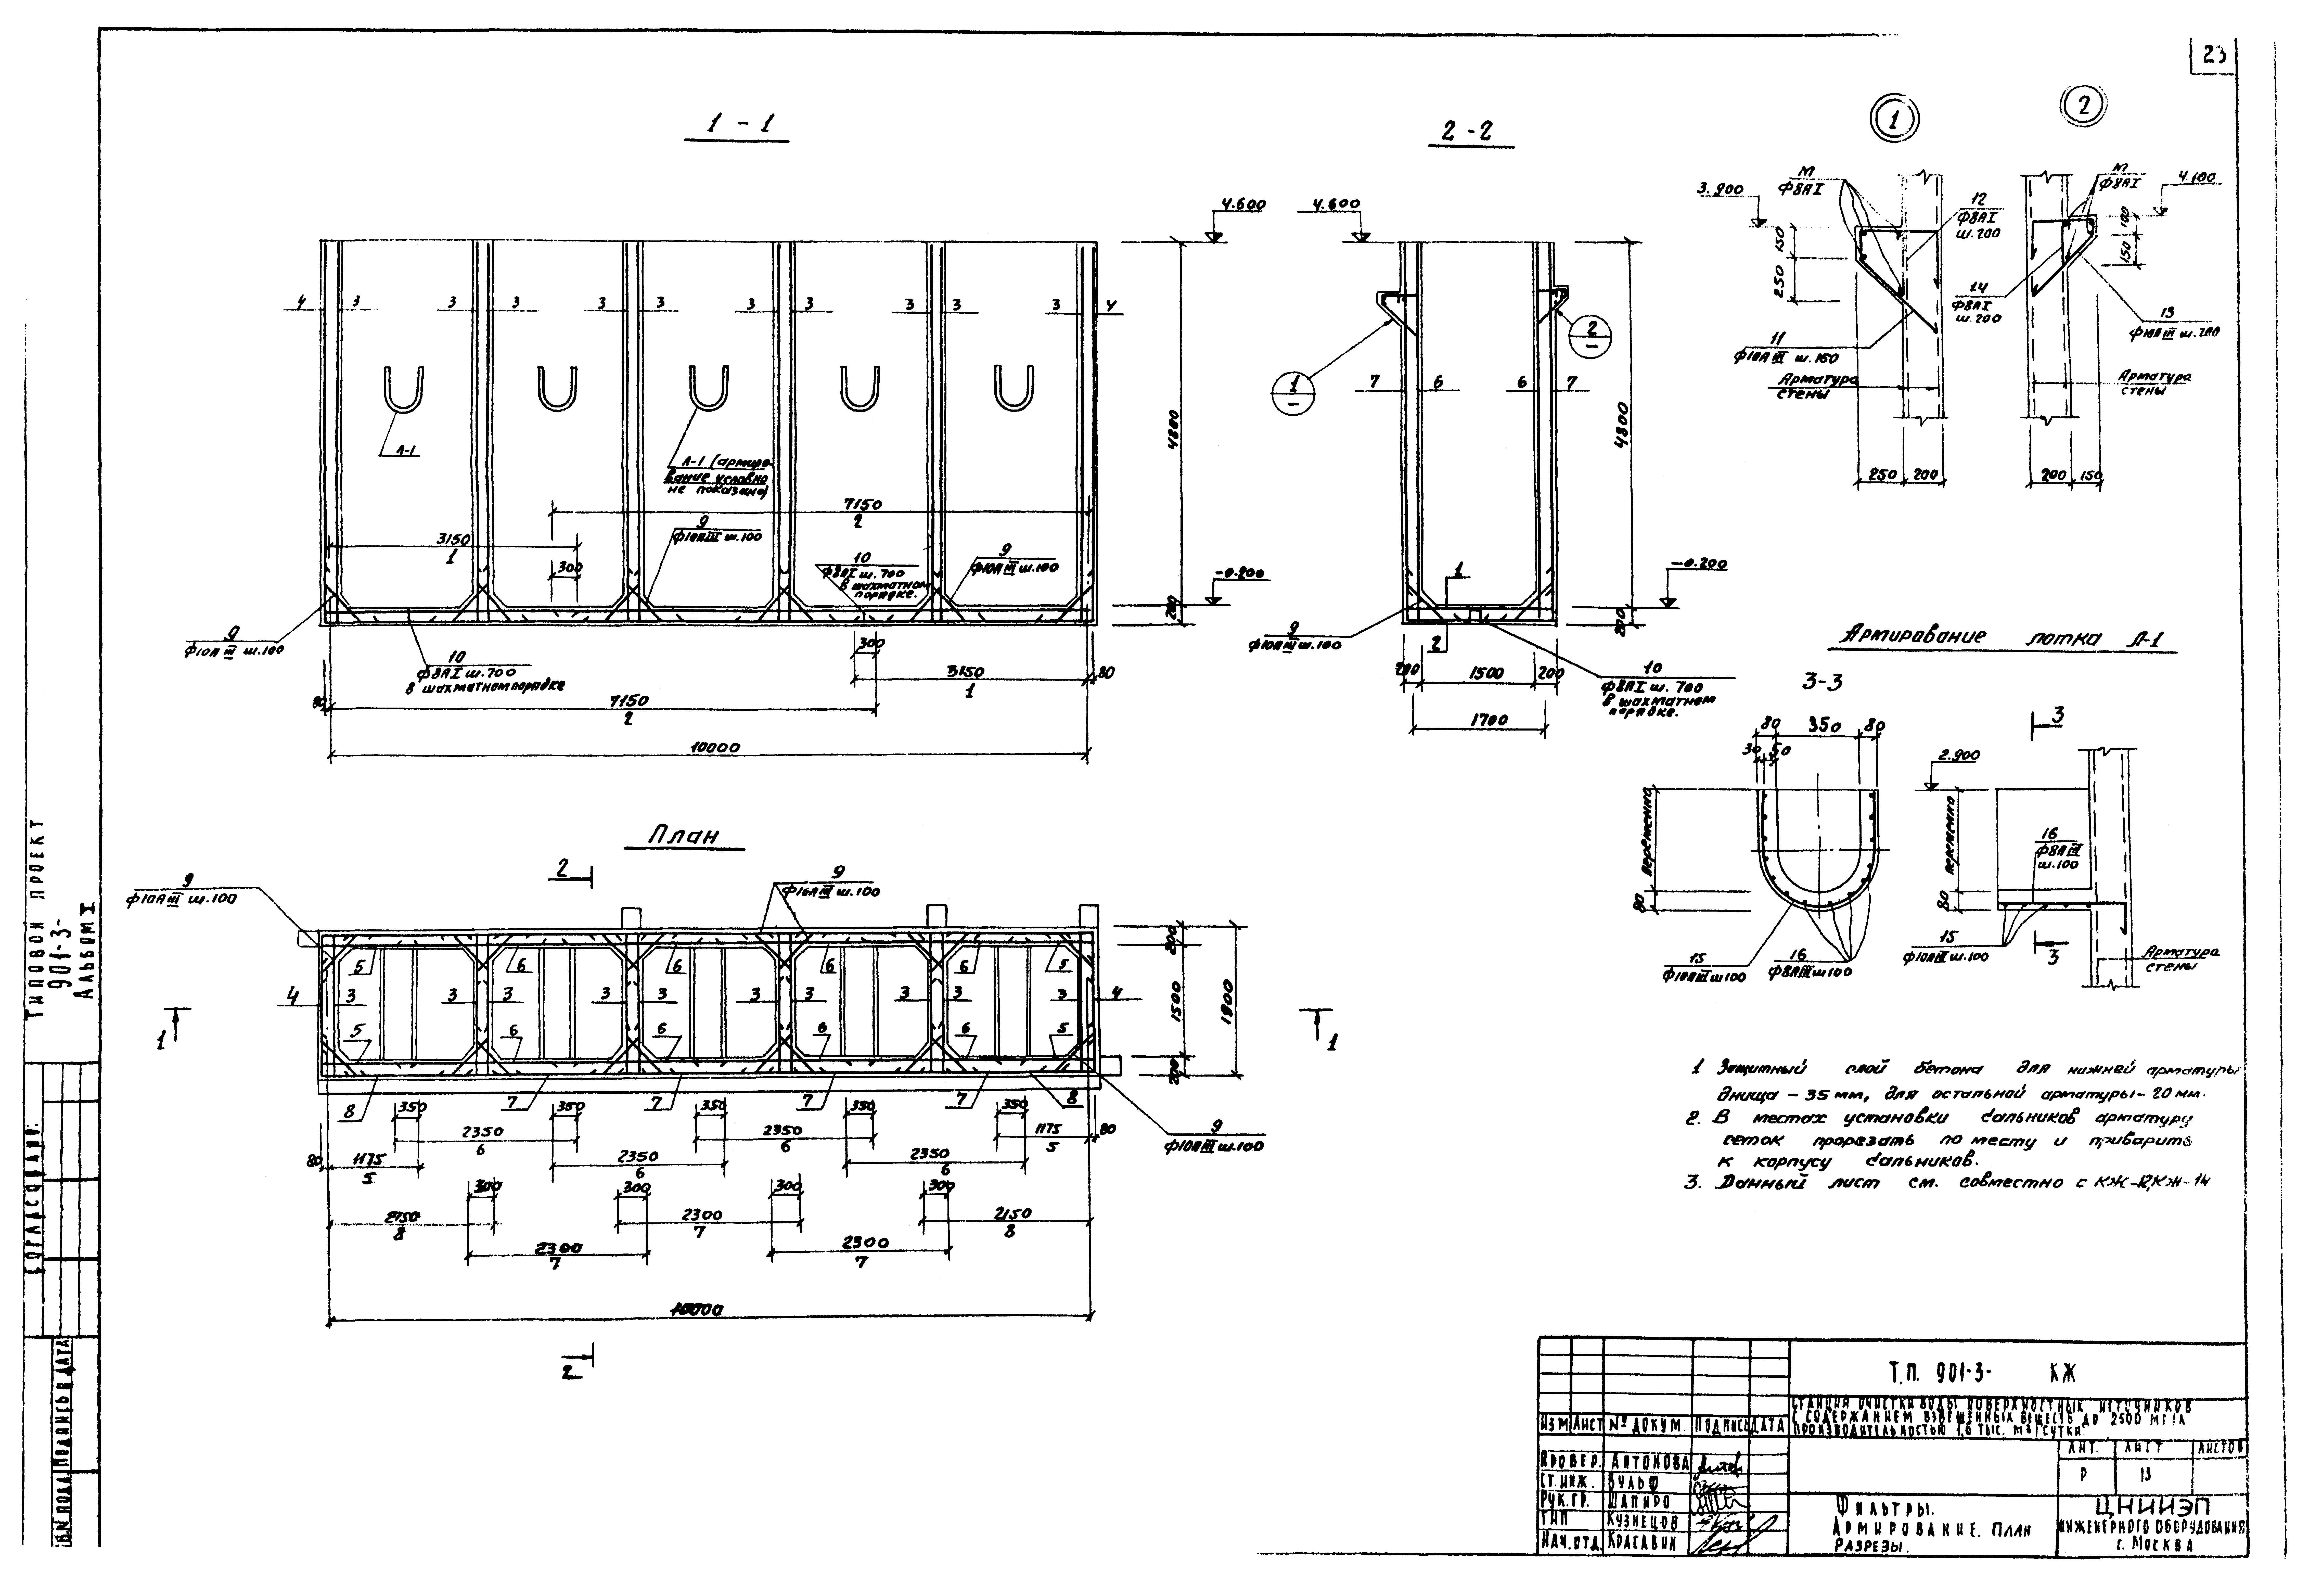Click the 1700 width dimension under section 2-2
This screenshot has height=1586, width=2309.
[1477, 721]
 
